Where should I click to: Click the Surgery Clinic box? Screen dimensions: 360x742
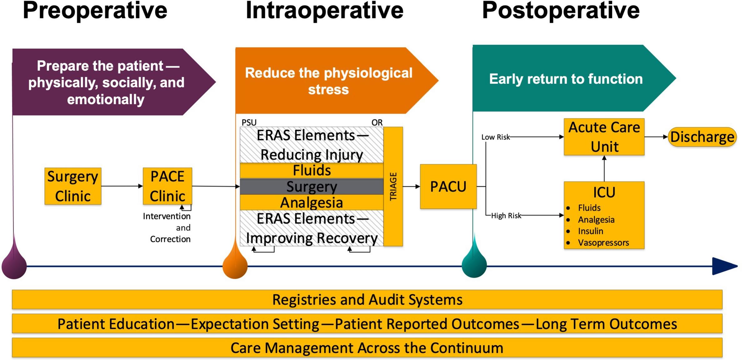click(73, 186)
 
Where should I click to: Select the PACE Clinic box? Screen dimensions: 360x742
click(167, 186)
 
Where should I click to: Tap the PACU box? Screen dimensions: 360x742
click(448, 187)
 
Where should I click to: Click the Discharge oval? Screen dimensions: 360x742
click(702, 137)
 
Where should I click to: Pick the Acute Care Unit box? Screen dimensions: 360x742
click(604, 137)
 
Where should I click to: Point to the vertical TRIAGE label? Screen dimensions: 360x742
click(393, 187)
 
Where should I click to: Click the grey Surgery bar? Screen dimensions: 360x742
click(311, 187)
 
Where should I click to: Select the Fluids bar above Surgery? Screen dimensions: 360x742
click(311, 171)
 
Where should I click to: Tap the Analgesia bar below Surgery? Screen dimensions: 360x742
click(311, 202)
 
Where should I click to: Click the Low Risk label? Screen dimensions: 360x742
click(495, 137)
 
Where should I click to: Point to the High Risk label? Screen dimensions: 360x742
click(506, 216)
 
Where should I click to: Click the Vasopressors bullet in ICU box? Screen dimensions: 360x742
click(603, 242)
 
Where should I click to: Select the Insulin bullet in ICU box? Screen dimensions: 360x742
click(590, 231)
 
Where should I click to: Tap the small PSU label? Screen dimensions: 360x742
click(249, 122)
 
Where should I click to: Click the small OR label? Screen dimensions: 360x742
click(377, 122)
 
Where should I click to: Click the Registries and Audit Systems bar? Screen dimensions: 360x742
click(367, 300)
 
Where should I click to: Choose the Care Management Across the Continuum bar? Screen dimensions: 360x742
click(367, 348)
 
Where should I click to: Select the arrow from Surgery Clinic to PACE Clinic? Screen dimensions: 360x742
click(122, 186)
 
